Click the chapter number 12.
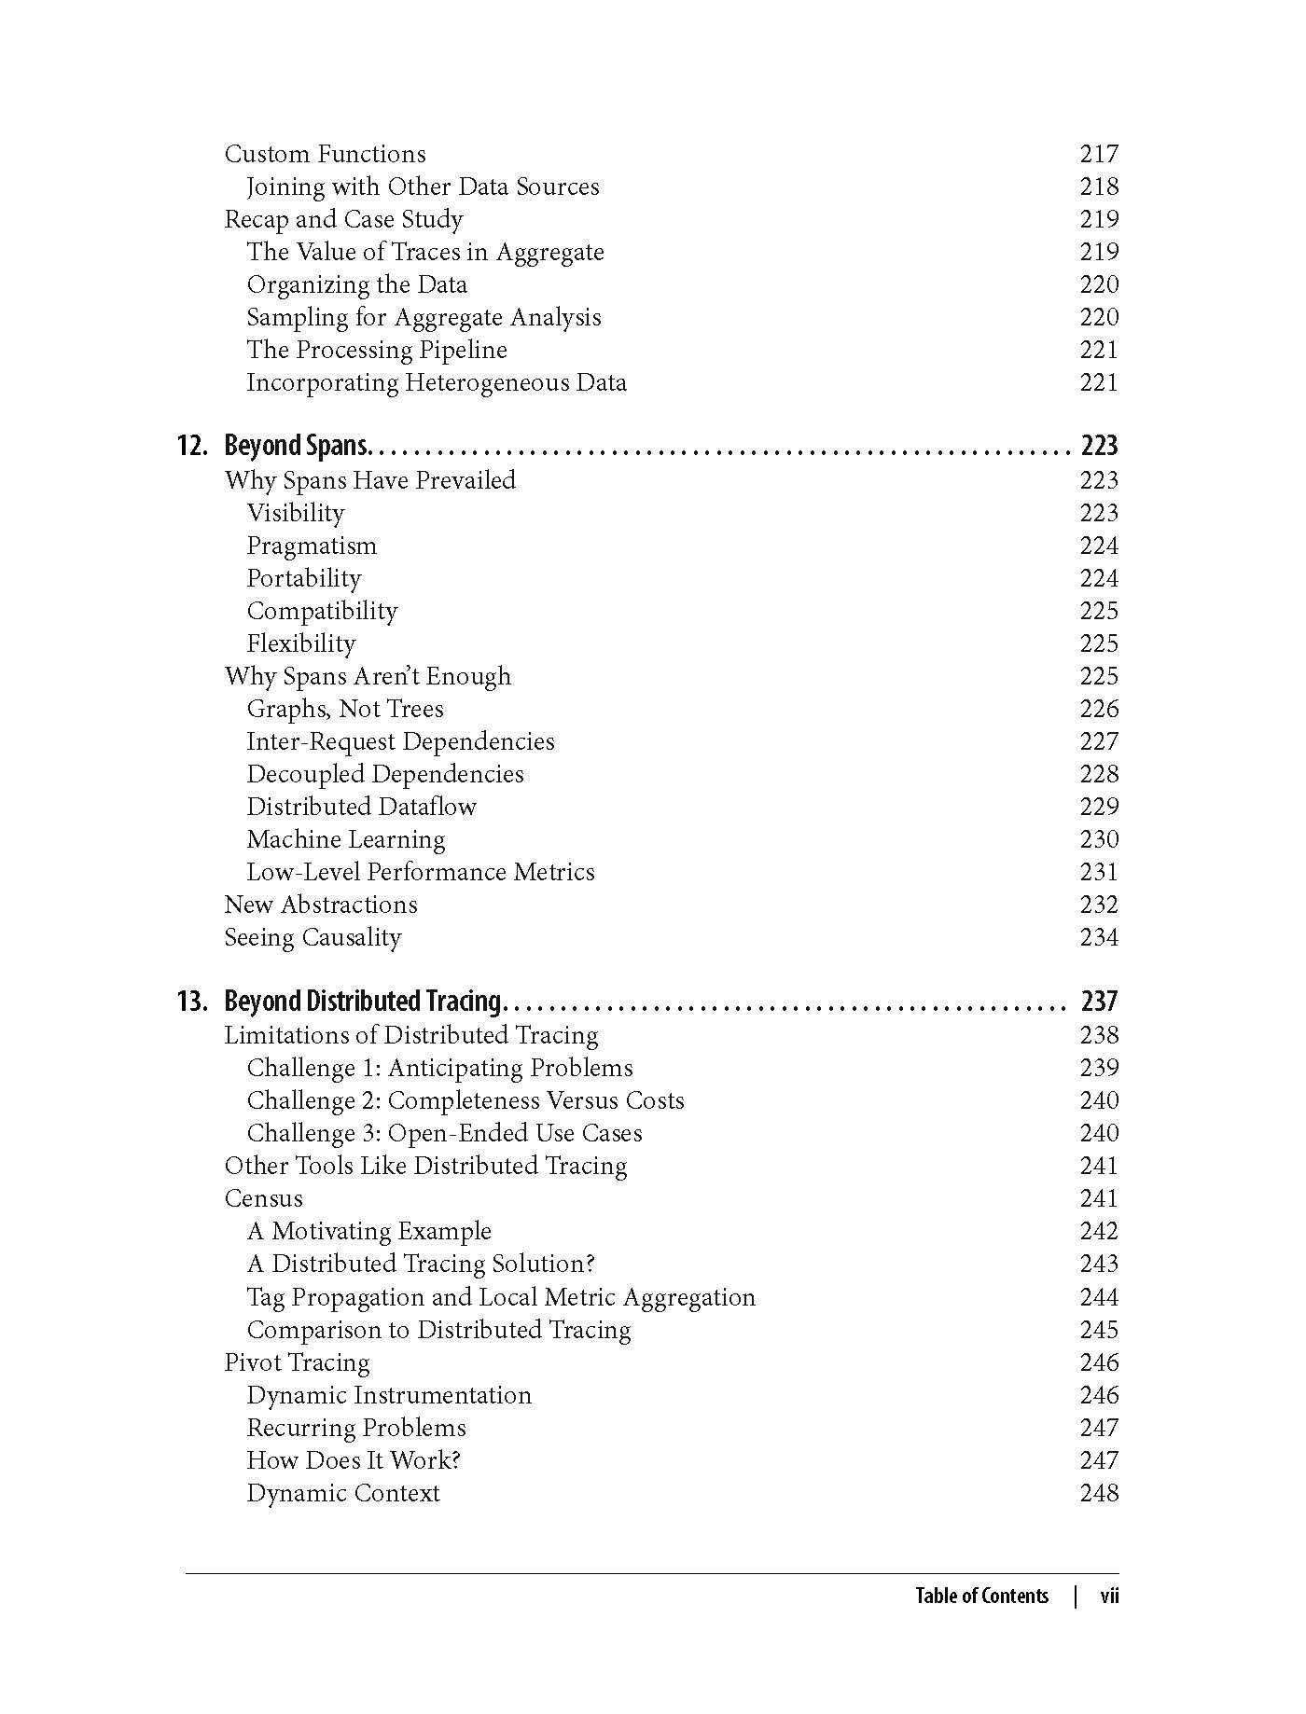pyautogui.click(x=192, y=446)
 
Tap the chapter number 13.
pyautogui.click(x=192, y=1002)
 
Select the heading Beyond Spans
pyautogui.click(x=298, y=446)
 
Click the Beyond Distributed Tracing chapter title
pyautogui.click(x=363, y=1002)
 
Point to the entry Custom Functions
pyautogui.click(x=325, y=154)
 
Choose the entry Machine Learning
pyautogui.click(x=345, y=839)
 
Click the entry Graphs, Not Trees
pyautogui.click(x=344, y=709)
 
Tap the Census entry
pyautogui.click(x=263, y=1198)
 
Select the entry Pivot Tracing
pyautogui.click(x=297, y=1362)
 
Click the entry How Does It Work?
pyautogui.click(x=354, y=1460)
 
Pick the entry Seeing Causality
pyautogui.click(x=313, y=937)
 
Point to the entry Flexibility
pyautogui.click(x=300, y=643)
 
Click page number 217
pyautogui.click(x=1098, y=154)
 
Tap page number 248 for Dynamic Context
pyautogui.click(x=1098, y=1493)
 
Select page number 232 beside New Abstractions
pyautogui.click(x=1098, y=905)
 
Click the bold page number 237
pyautogui.click(x=1099, y=1002)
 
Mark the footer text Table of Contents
pyautogui.click(x=981, y=1596)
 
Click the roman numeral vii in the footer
pyautogui.click(x=1109, y=1596)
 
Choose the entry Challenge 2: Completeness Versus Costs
pyautogui.click(x=465, y=1100)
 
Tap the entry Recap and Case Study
pyautogui.click(x=343, y=219)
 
